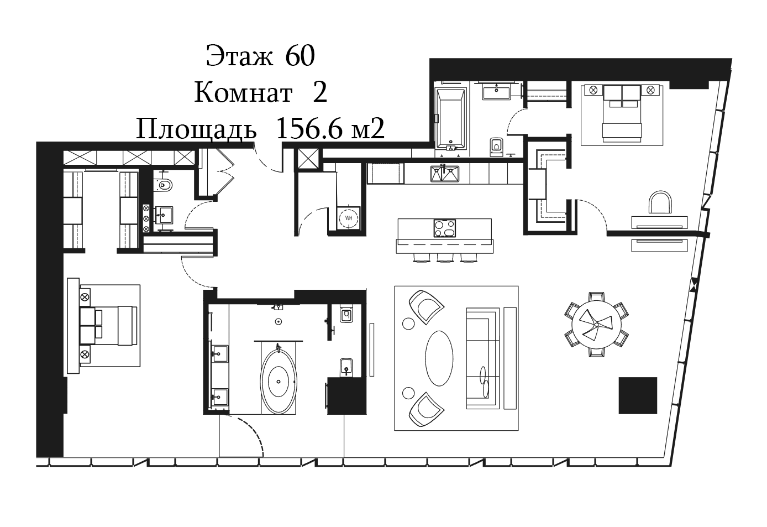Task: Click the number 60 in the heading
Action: (x=300, y=56)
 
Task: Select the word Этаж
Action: (x=239, y=56)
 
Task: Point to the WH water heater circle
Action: (x=349, y=218)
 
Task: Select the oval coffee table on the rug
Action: (x=439, y=358)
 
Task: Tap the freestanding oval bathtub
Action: (x=279, y=382)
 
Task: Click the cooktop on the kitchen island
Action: (x=445, y=228)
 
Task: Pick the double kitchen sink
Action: (x=444, y=174)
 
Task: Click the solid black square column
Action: (x=638, y=395)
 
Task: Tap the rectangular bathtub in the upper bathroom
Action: (x=451, y=118)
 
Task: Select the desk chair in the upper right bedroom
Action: (x=660, y=202)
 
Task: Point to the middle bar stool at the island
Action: (x=445, y=258)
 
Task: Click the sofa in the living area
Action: (x=482, y=358)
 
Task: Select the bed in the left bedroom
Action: (x=108, y=326)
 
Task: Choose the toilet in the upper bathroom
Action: (x=496, y=147)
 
